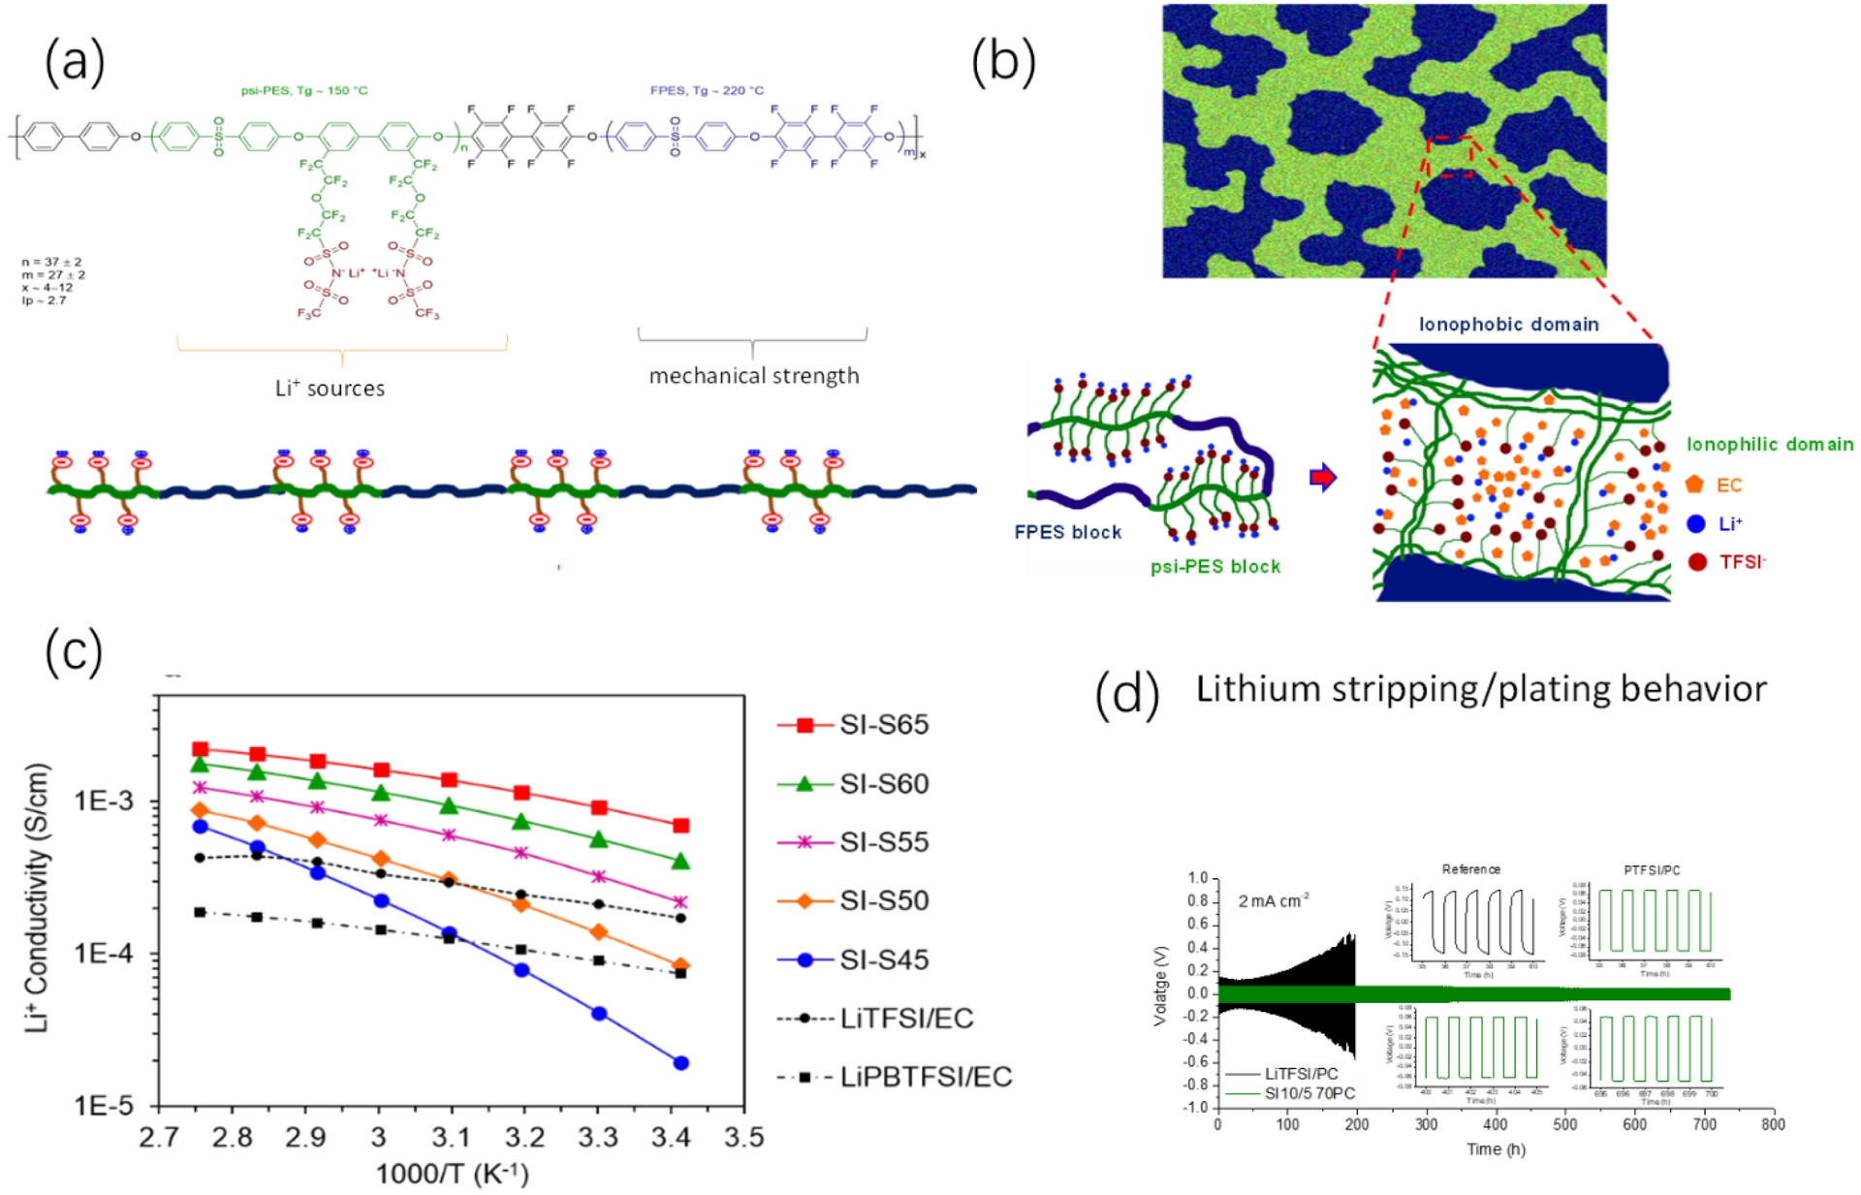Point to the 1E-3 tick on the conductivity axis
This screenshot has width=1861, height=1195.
[104, 802]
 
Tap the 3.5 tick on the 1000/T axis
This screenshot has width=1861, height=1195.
[743, 1137]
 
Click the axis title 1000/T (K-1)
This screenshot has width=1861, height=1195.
[452, 1174]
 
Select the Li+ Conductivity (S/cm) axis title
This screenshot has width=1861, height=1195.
[37, 897]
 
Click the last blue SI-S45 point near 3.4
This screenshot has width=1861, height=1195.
[680, 1063]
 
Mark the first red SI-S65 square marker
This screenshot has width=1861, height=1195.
[201, 749]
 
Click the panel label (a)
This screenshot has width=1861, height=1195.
[75, 63]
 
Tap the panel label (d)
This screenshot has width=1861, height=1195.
[1126, 693]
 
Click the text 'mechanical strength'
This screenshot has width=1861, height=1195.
[753, 376]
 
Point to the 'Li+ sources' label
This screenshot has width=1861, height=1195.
[330, 389]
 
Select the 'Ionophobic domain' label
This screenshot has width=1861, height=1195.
[1508, 325]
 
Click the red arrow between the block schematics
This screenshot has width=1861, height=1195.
[1323, 477]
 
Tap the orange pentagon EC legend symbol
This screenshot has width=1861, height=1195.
[1694, 485]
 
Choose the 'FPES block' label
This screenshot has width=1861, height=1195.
[1067, 532]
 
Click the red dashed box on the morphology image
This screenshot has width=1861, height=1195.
[1451, 156]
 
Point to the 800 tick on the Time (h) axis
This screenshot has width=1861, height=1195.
[1773, 1124]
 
